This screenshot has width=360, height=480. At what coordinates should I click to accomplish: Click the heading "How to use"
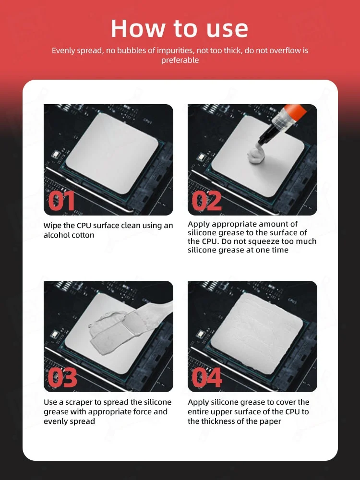(180, 28)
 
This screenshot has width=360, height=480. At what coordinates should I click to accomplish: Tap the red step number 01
(61, 201)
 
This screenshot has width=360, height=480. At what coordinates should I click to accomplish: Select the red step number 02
(206, 201)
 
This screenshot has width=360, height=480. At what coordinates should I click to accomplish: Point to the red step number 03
(62, 377)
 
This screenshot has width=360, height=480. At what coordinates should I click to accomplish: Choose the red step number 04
(207, 377)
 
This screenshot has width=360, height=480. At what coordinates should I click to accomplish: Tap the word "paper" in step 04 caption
(270, 421)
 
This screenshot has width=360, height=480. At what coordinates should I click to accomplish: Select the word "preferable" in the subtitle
(180, 60)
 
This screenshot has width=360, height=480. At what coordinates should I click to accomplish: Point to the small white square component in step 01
(55, 154)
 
